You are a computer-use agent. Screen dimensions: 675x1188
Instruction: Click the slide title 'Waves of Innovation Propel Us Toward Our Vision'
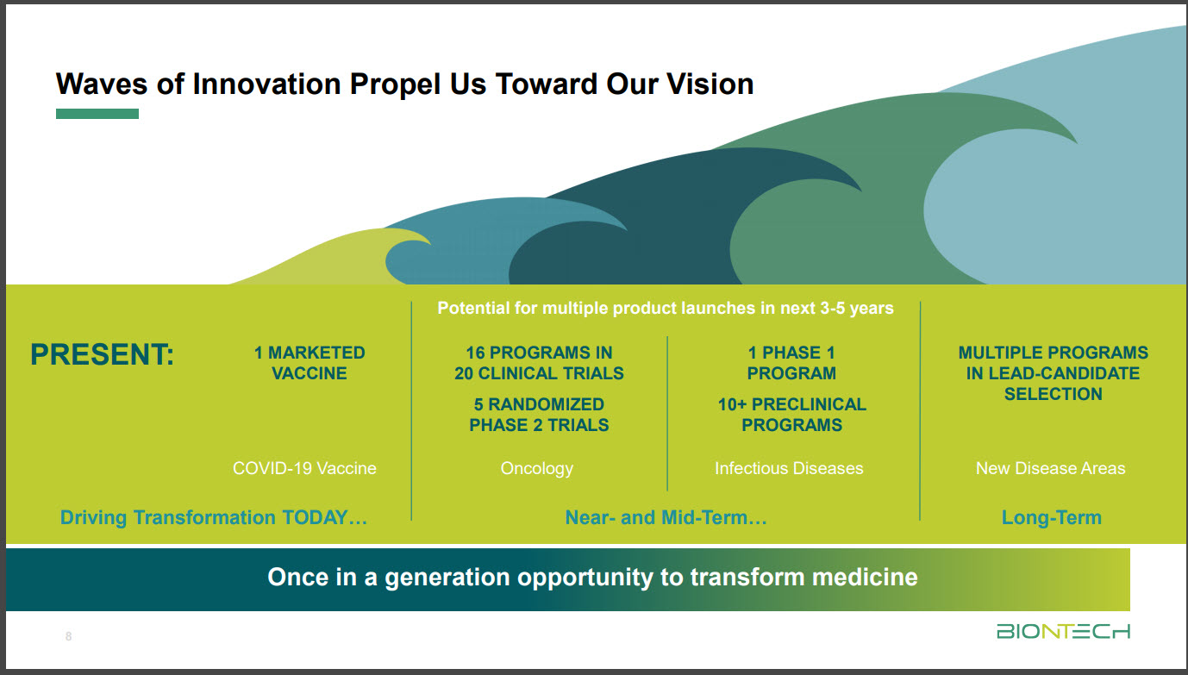tap(404, 84)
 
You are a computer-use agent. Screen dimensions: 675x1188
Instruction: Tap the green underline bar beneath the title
tap(97, 114)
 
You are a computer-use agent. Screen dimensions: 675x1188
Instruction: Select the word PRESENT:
tap(102, 354)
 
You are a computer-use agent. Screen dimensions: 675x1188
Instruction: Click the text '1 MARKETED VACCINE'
tap(309, 363)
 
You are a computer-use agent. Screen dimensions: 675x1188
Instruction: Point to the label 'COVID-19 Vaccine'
tap(304, 468)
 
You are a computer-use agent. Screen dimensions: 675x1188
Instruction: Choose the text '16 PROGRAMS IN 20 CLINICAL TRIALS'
tap(539, 363)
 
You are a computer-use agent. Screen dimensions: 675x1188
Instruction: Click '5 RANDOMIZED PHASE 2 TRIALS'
tap(539, 415)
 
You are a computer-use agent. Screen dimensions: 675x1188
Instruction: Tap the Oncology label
tap(536, 468)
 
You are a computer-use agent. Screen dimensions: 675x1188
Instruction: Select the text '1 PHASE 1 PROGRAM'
tap(791, 363)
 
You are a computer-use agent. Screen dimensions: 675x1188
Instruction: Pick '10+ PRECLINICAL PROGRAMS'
tap(791, 415)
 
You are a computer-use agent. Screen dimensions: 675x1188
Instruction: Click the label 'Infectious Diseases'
tap(789, 468)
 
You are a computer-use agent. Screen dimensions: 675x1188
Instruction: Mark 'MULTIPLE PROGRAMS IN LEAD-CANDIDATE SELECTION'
tap(1053, 373)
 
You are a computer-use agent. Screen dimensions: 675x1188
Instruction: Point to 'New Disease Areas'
tap(1050, 468)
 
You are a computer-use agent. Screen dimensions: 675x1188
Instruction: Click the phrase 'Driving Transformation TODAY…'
tap(214, 517)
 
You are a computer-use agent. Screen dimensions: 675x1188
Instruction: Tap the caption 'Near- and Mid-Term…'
tap(666, 517)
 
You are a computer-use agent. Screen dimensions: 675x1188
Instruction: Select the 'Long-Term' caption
tap(1051, 517)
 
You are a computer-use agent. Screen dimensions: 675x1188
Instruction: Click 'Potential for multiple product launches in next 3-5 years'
tap(666, 308)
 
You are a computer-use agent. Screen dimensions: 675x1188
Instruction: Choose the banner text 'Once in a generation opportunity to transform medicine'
tap(592, 577)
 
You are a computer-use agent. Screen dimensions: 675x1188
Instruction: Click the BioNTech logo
tap(1063, 632)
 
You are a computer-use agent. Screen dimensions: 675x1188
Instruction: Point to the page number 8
tap(69, 637)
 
